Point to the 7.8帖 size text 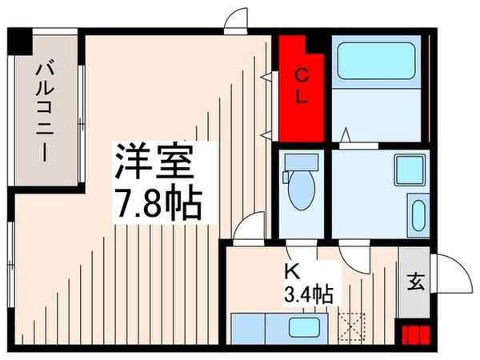point(156,206)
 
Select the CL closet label point(302,88)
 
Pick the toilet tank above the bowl point(301,163)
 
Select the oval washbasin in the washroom point(417,215)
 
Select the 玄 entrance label point(416,282)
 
